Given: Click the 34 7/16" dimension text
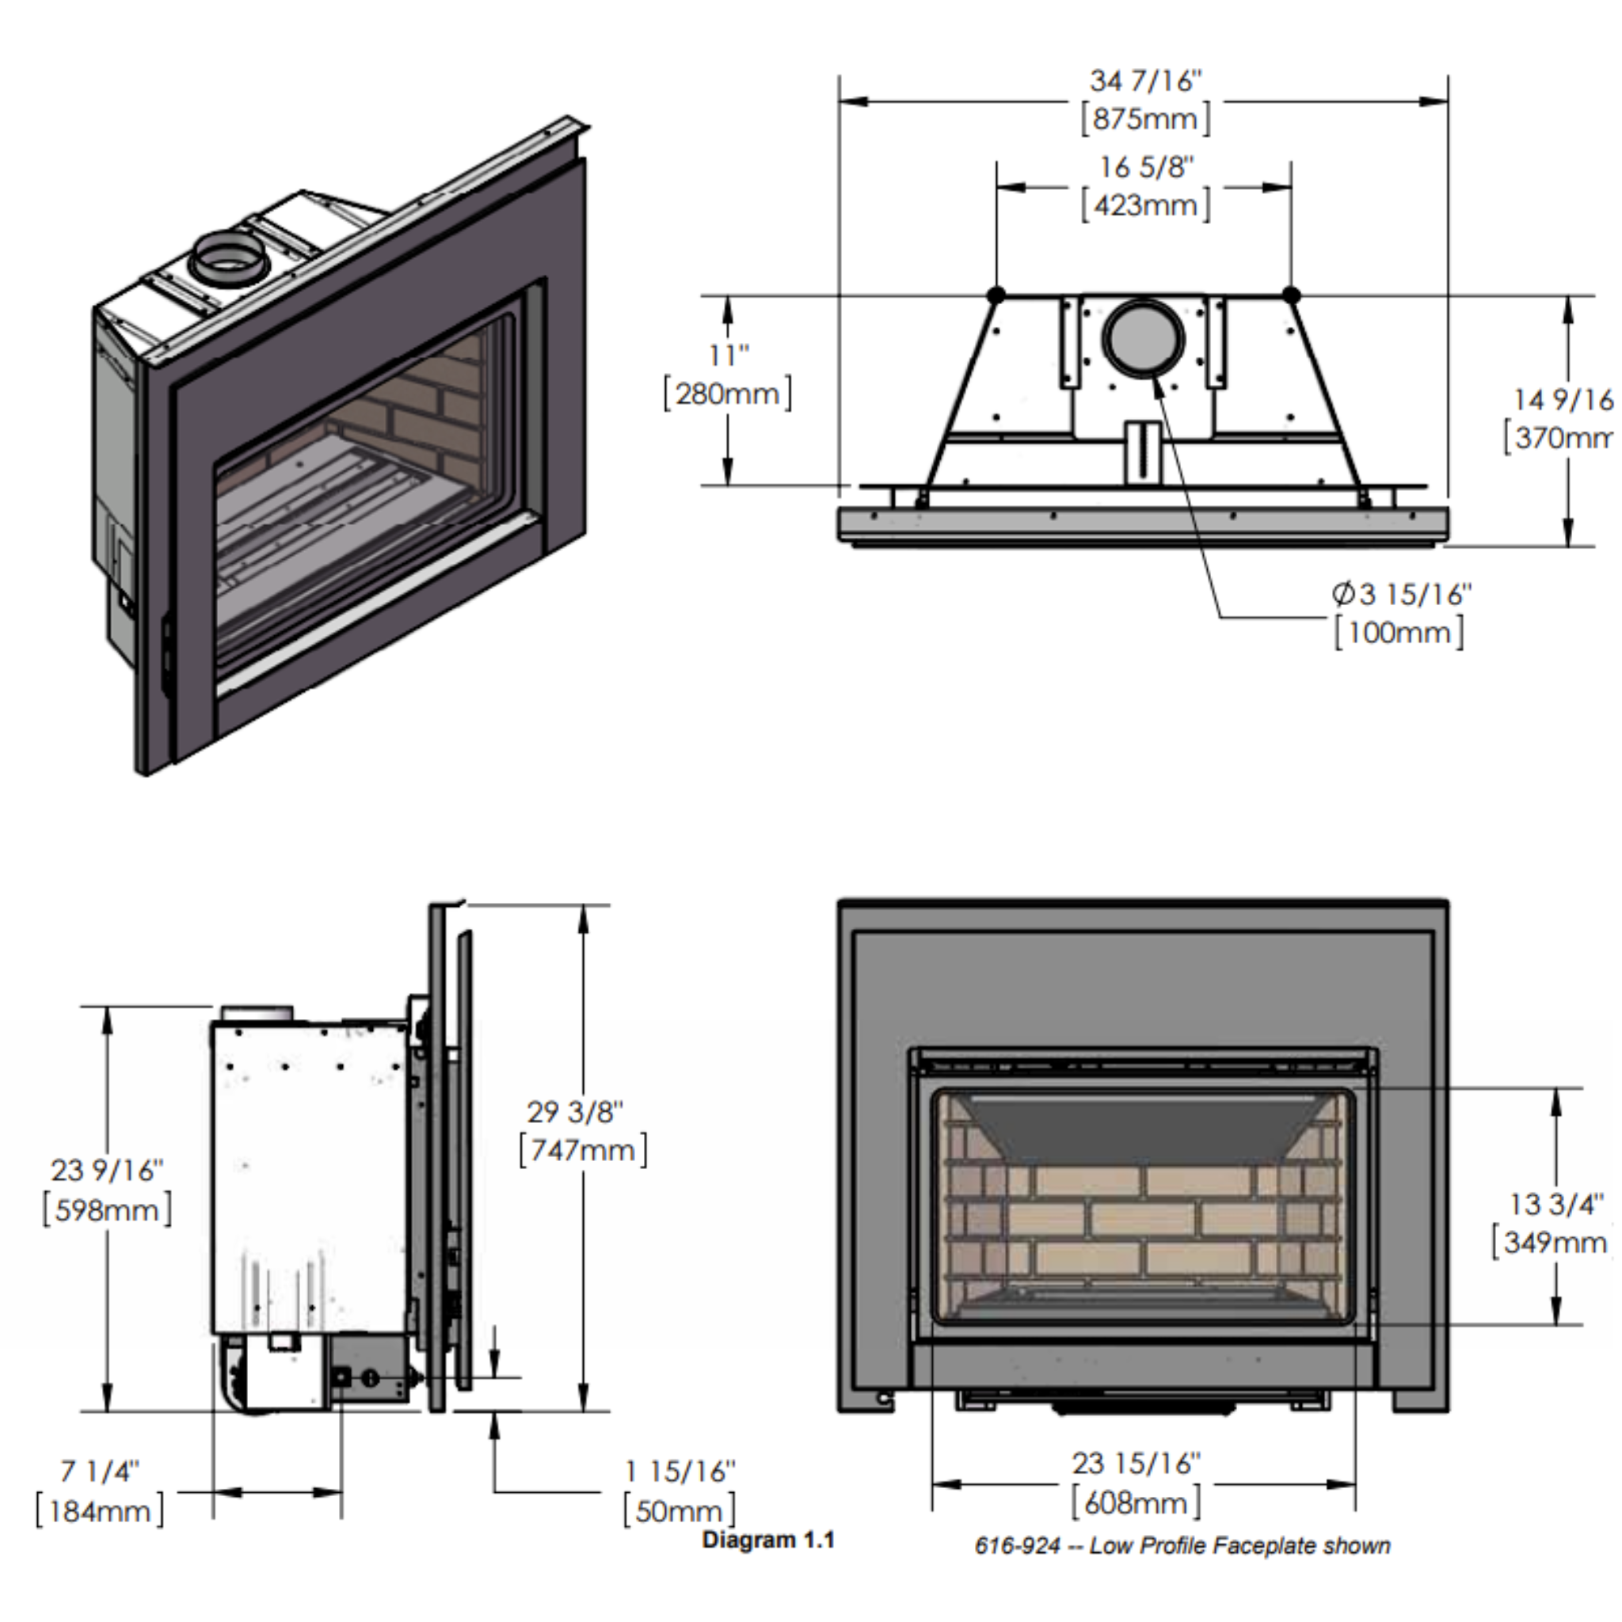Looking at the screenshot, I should click(1145, 82).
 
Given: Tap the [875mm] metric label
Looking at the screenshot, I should click(1146, 120).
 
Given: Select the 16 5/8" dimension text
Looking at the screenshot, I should click(1146, 167).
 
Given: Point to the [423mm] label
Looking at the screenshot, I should click(1146, 206).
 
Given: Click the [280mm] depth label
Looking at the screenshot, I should click(727, 394).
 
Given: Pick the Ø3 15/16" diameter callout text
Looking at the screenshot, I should click(1401, 595).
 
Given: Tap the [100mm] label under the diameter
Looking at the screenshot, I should click(1399, 632).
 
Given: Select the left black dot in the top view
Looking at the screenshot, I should click(996, 295).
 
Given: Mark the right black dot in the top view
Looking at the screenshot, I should click(1291, 295).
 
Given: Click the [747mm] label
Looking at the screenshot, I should click(584, 1149).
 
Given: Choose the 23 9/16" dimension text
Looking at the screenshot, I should click(107, 1170).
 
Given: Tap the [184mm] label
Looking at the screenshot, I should click(100, 1511).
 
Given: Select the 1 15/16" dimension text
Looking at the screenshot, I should click(680, 1471).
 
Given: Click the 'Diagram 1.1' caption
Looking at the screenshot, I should click(768, 1540).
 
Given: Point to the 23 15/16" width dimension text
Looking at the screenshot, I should click(1136, 1464).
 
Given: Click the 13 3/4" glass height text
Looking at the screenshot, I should click(1555, 1205).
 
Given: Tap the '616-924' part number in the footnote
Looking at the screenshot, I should click(1017, 1546).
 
